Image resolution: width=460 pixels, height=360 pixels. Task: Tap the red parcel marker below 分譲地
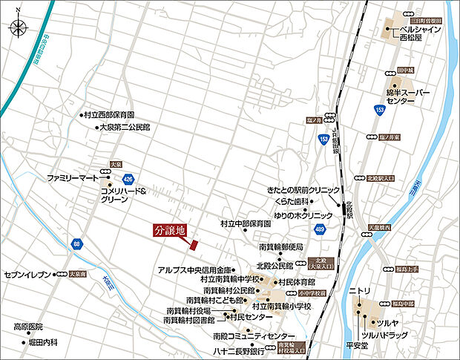coord(194,244)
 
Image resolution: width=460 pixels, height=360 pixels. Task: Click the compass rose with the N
coord(18,28)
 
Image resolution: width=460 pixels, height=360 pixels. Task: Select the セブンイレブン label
coord(26,274)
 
